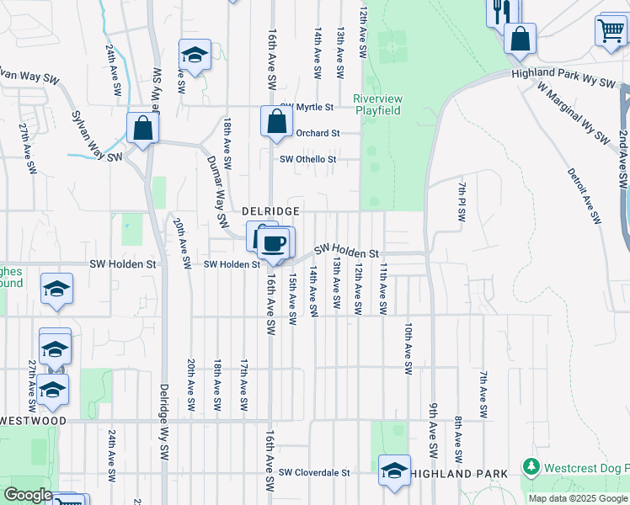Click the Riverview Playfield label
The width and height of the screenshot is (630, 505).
(x=377, y=104)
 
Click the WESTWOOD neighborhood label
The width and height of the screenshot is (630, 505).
(x=33, y=420)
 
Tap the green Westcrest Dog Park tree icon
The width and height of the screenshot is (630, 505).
(x=531, y=466)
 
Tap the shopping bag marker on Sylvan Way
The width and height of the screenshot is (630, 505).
(x=143, y=129)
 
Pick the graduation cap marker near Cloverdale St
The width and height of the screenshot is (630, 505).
(x=393, y=471)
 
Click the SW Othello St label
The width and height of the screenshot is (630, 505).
(x=308, y=159)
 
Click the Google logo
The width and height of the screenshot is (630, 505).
(x=27, y=495)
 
